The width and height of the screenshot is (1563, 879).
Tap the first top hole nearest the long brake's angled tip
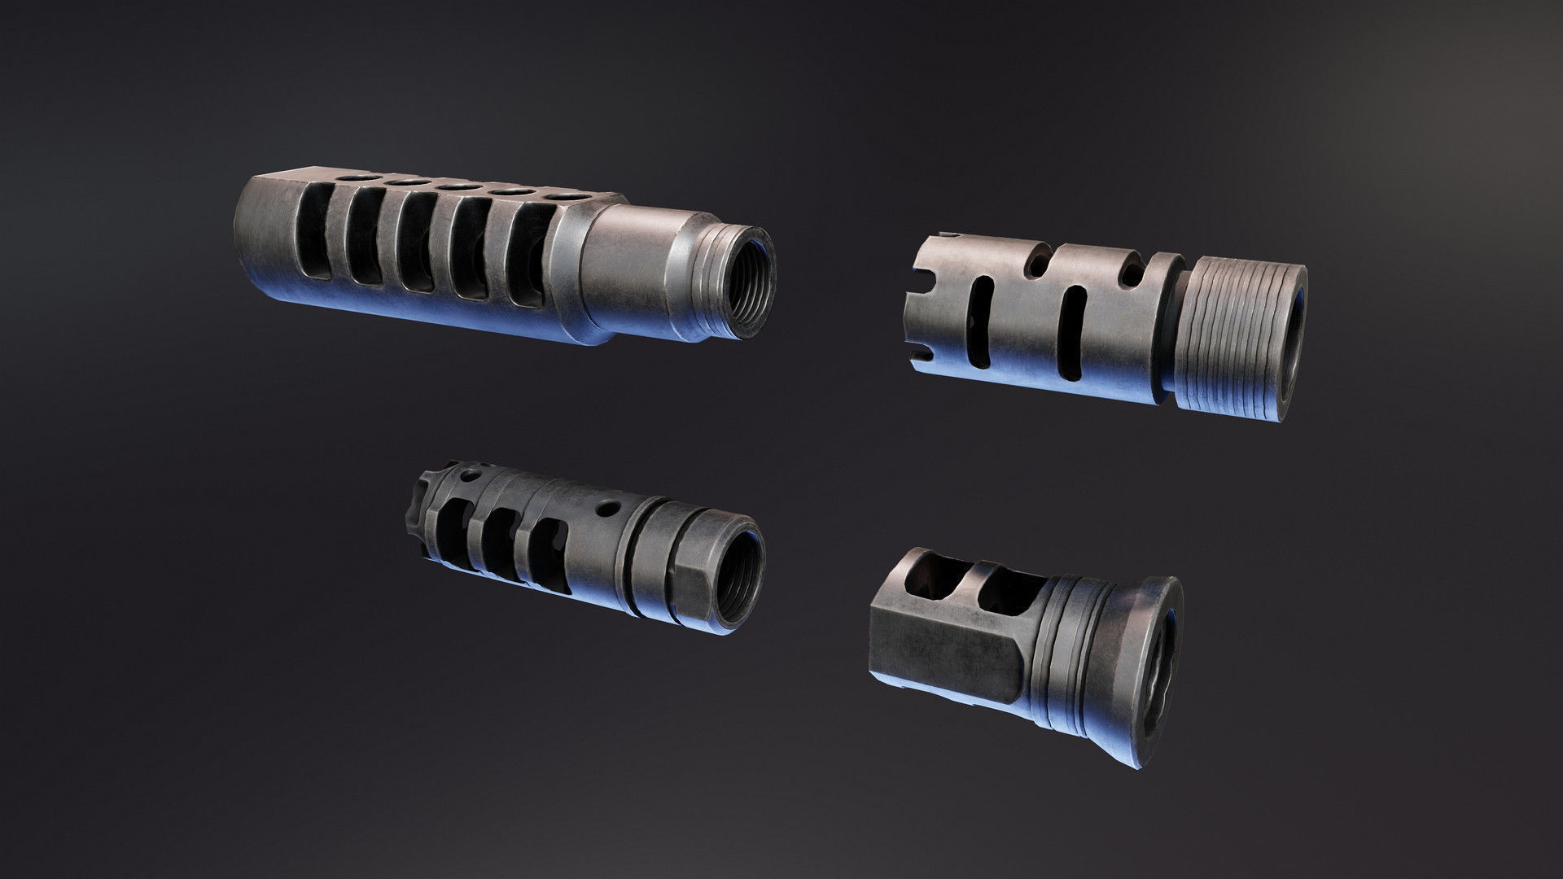click(x=356, y=177)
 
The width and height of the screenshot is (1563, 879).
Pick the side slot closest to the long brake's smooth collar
click(x=528, y=258)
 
